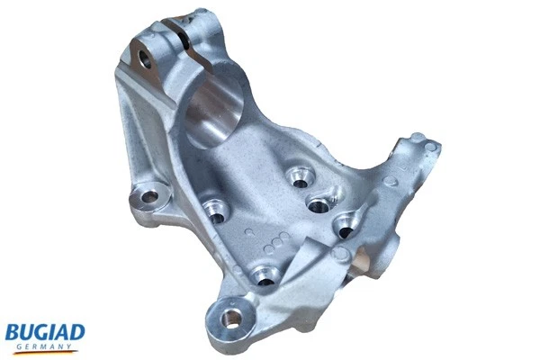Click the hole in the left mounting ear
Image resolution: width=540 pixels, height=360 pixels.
[148, 195]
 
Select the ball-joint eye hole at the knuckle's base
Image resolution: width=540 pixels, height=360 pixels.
[232, 318]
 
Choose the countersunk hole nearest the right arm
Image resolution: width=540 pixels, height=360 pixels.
[346, 227]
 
